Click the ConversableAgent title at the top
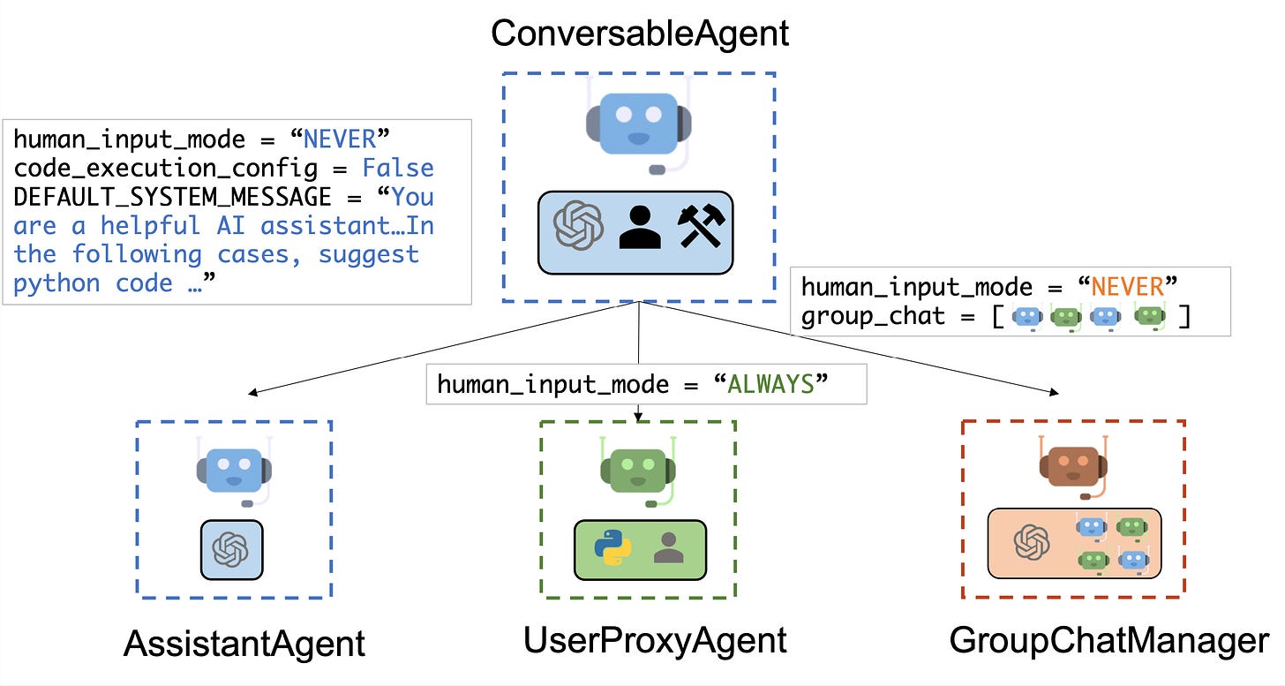point(639,34)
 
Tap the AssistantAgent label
point(244,644)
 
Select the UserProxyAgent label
point(655,640)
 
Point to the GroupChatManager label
point(1108,640)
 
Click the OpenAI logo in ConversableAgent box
point(577,227)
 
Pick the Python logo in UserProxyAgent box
point(612,548)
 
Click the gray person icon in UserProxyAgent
point(668,548)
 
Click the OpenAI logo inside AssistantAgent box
point(231,550)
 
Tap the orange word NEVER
point(1129,287)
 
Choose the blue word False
point(398,168)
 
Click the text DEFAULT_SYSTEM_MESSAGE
point(173,196)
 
